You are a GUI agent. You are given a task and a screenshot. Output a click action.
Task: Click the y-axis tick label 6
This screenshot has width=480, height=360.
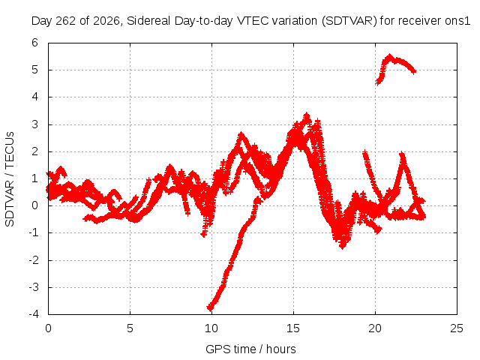pos(34,43)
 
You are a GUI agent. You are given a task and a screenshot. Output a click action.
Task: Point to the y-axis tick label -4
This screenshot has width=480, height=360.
pos(34,314)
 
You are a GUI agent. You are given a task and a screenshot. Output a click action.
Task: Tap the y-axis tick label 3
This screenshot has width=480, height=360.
pos(34,124)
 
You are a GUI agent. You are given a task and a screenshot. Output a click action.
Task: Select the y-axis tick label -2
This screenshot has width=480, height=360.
pos(34,260)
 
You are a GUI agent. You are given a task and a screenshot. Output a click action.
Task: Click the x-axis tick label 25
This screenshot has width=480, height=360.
pos(457,328)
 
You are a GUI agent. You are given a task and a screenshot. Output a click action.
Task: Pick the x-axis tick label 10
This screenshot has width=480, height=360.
pos(211,328)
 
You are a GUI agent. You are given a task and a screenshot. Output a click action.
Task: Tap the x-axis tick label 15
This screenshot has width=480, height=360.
pos(293,328)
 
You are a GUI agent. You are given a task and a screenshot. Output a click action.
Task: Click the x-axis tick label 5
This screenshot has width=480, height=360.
pos(130,328)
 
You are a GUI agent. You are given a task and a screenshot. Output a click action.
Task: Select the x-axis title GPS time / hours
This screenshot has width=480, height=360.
pos(250,349)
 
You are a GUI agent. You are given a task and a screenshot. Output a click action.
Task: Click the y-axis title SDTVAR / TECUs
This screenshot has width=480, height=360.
pos(10,179)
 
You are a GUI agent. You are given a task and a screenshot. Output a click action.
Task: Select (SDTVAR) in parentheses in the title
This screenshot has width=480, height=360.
pos(349,21)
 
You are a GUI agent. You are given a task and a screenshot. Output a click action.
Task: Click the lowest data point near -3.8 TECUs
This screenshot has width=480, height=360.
pos(210,307)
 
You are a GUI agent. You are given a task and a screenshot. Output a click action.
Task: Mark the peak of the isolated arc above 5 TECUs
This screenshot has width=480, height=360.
pos(389,56)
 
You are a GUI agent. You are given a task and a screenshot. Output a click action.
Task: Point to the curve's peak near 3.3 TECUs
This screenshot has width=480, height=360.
pos(307,115)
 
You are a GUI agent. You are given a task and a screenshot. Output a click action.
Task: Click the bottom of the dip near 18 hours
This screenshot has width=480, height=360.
pos(342,246)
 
